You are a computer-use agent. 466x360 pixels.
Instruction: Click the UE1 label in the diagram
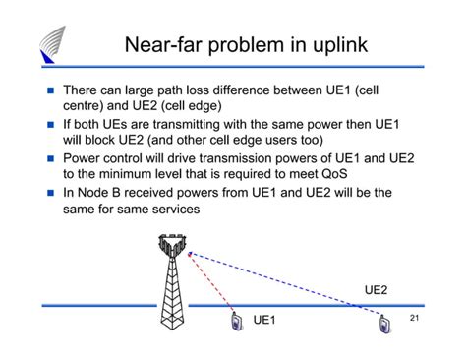pyautogui.click(x=265, y=321)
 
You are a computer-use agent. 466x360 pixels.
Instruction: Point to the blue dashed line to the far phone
pyautogui.click(x=295, y=285)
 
